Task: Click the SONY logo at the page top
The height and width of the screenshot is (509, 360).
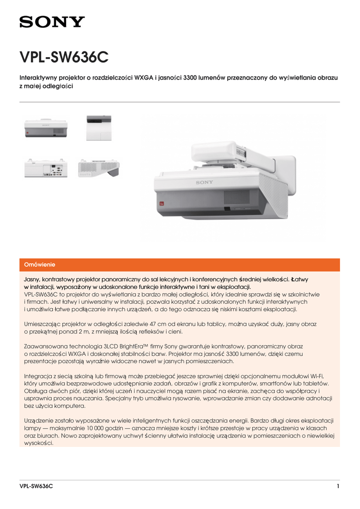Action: (52, 22)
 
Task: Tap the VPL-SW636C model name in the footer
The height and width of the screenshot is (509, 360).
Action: (36, 486)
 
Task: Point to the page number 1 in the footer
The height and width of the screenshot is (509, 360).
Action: (338, 486)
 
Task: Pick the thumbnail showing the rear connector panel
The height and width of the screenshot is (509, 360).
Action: (46, 168)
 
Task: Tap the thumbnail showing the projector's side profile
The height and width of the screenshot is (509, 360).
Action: (98, 168)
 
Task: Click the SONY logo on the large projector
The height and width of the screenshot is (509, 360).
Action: (204, 182)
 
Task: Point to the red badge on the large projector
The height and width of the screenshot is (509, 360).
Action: (161, 203)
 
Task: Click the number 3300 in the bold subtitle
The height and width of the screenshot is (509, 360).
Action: (191, 78)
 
